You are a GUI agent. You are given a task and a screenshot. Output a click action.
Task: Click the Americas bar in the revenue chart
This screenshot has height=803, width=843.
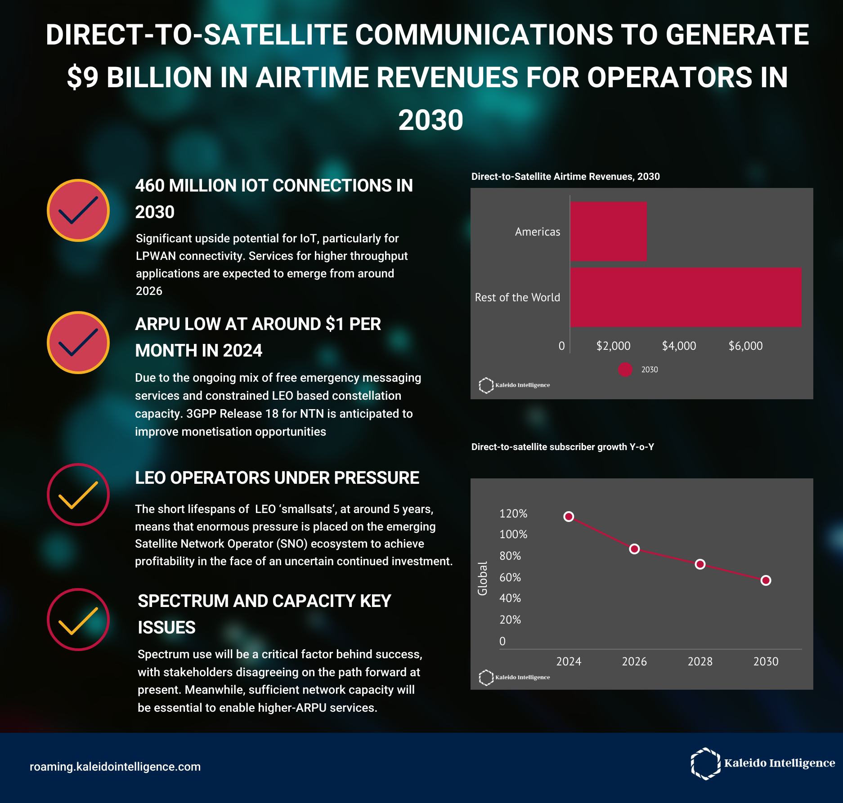pos(608,232)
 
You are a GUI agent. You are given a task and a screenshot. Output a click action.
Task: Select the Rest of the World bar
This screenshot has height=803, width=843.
pos(686,297)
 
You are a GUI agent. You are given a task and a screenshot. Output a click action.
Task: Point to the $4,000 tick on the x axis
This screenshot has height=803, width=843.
pos(679,346)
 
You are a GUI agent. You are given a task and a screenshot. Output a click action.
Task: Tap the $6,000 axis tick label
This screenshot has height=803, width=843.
pos(745,346)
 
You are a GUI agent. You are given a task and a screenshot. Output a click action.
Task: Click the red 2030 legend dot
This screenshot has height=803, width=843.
pos(625,370)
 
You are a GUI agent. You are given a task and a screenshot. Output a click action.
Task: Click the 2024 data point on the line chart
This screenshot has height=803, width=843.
pos(569,517)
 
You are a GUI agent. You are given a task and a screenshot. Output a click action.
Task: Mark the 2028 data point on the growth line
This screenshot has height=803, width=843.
pos(700,564)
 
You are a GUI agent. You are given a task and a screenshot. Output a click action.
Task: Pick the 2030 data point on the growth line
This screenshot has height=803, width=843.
pos(766,580)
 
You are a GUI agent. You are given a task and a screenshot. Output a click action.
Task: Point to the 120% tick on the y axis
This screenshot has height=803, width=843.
pos(513,513)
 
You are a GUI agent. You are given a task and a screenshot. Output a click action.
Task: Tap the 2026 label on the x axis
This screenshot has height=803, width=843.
pos(634,661)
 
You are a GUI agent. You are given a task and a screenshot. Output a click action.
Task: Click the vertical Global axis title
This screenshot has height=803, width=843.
pos(482,578)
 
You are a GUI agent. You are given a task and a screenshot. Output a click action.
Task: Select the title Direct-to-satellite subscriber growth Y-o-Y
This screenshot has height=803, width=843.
pos(562,447)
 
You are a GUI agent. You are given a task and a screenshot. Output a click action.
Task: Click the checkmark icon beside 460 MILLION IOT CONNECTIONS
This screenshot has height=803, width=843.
pos(78,210)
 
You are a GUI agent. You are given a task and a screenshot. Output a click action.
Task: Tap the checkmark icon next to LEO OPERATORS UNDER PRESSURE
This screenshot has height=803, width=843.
pos(78,495)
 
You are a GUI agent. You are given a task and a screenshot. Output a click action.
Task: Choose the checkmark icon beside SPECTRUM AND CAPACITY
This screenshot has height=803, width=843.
pos(78,620)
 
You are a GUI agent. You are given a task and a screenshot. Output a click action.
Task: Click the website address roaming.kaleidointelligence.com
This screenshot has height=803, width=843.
pos(115,767)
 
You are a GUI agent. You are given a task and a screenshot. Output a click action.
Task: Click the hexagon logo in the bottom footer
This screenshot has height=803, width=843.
pos(705,763)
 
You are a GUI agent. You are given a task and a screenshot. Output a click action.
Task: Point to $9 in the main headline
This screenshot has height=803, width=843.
pos(83,77)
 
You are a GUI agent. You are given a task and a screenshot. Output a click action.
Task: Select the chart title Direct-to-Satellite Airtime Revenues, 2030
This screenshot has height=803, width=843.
pos(565,177)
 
